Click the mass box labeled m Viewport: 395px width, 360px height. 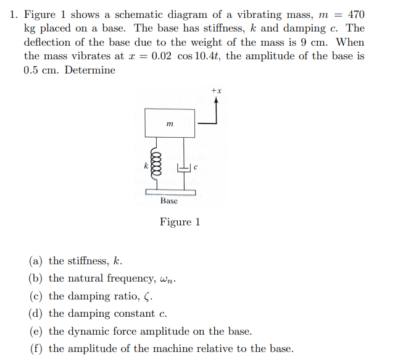170,123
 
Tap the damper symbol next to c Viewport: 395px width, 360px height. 184,167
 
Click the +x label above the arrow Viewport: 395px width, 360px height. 216,91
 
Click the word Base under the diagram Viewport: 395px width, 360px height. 168,201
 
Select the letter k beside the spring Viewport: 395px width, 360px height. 146,165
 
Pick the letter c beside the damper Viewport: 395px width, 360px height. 194,166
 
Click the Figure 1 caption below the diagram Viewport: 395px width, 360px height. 180,222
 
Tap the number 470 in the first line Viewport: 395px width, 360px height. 356,14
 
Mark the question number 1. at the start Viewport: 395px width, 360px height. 14,14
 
